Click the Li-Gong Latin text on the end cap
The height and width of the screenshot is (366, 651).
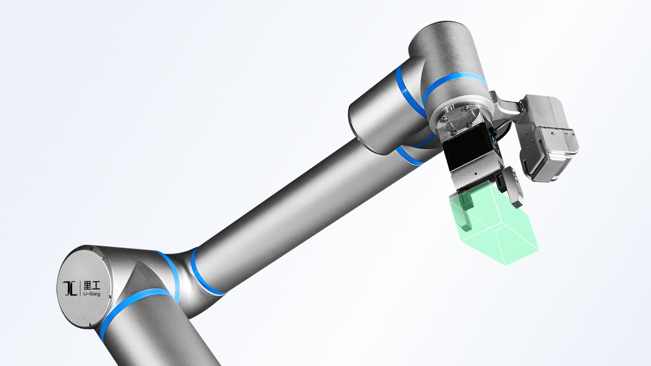(92, 293)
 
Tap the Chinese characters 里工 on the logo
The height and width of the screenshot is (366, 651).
(92, 285)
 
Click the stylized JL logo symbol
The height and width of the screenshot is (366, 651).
(70, 288)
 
